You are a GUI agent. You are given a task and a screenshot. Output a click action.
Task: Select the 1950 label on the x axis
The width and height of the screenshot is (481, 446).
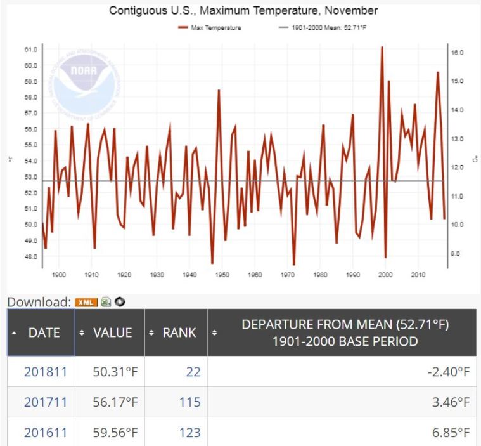222,275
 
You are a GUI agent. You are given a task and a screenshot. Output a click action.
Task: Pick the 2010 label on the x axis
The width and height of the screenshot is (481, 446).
418,275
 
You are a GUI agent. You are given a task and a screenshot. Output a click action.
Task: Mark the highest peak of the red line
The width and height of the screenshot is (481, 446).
382,48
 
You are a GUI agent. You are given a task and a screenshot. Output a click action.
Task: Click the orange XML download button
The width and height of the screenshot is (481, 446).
84,302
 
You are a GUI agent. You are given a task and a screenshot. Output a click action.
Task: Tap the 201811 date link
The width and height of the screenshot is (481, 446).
42,372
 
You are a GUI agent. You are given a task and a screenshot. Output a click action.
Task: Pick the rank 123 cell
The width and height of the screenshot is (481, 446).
189,433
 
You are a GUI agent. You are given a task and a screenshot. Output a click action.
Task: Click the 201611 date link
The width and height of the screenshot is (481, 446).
42,433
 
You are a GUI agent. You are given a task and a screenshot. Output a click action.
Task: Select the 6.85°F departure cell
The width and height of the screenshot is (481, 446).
448,433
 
